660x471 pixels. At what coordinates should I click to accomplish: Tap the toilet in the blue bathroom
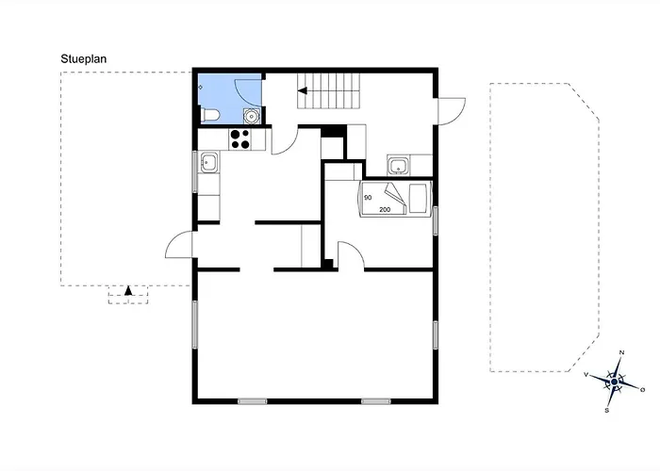click(211, 115)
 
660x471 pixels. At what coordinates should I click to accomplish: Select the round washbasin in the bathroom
click(251, 115)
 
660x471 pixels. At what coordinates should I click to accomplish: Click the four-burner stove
click(239, 139)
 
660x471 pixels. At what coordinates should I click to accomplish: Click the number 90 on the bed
click(367, 198)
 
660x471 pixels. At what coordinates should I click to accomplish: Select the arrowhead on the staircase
click(303, 91)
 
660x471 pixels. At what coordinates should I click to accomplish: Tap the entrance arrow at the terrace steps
click(128, 291)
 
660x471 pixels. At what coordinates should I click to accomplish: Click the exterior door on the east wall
click(450, 111)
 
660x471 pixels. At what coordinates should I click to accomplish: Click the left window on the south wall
click(252, 401)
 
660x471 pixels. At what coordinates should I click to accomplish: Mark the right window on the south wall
click(376, 401)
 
